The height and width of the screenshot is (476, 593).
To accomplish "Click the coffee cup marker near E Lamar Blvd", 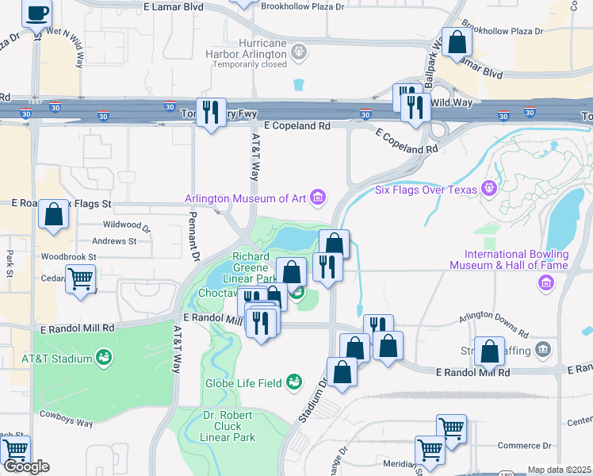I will pos(36,14).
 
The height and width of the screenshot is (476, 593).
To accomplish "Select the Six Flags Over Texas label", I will pos(426,189).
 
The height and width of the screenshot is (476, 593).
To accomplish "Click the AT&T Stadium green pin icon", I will pos(104,359).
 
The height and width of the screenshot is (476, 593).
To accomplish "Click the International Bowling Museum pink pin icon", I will pos(546,283).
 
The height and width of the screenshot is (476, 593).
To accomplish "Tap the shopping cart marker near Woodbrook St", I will pos(80,280).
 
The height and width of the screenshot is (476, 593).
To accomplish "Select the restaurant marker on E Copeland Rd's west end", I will pos(211,112).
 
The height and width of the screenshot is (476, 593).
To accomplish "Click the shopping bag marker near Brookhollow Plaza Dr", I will pos(457,42).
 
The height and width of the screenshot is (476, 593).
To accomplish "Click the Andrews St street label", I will pos(114,241).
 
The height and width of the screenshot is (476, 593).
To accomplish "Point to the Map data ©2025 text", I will pos(559,470).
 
